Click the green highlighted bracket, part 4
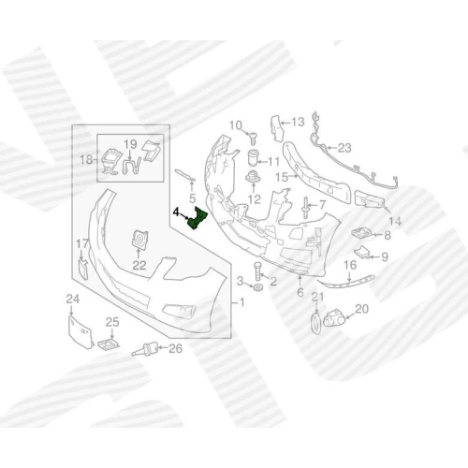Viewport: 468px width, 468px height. [x=197, y=218]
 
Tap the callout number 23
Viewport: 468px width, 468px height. [x=344, y=148]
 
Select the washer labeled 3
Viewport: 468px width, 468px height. [x=258, y=287]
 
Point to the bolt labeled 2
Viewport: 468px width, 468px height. [x=256, y=271]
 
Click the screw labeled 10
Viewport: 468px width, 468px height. [x=253, y=138]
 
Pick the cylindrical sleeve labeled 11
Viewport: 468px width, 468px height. [x=254, y=158]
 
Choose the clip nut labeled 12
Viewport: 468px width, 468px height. [x=253, y=178]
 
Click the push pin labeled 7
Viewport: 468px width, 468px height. [x=305, y=207]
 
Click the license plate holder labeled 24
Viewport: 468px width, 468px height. [x=80, y=332]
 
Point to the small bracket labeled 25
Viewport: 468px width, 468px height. [x=109, y=344]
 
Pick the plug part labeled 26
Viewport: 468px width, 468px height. [x=146, y=348]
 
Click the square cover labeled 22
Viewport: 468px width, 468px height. [x=139, y=240]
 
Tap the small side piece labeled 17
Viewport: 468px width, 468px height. [x=82, y=270]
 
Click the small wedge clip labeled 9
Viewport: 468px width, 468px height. [x=362, y=252]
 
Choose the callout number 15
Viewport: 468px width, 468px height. [x=282, y=178]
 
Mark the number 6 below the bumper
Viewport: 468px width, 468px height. [x=300, y=292]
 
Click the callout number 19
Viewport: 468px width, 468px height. [x=130, y=144]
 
